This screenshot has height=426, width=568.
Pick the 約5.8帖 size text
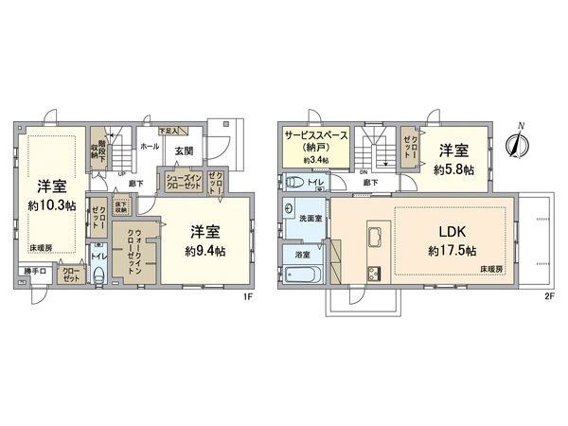coord(454,169)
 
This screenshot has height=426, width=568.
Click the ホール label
coord(149,148)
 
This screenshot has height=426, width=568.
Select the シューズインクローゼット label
coord(183,182)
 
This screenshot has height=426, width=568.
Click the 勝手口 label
coord(34,272)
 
